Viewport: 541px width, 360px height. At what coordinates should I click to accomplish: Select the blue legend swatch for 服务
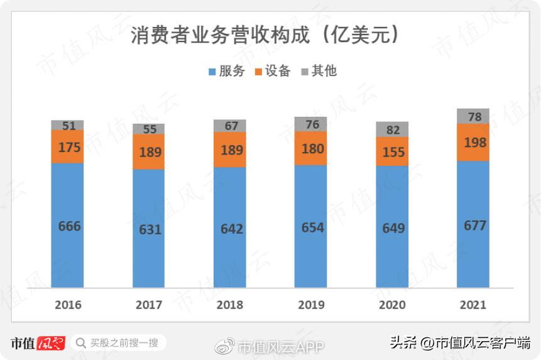[212, 72]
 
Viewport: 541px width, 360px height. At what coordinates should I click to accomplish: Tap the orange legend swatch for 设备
[258, 72]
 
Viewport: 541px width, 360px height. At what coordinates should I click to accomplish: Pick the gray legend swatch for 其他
[305, 72]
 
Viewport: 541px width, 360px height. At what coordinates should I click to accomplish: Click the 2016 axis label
[68, 305]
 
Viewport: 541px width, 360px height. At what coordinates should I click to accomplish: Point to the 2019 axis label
[311, 305]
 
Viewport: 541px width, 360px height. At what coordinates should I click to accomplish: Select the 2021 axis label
[473, 305]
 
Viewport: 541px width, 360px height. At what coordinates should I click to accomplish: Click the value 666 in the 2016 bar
[69, 226]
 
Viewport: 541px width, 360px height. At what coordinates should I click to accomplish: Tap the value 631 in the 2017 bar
[150, 229]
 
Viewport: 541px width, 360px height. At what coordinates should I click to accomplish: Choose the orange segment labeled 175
[68, 147]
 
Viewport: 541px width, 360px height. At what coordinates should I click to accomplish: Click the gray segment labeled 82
[392, 130]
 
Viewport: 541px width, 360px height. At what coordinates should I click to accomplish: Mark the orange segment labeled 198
[473, 143]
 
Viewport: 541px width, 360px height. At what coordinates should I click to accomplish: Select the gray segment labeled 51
[68, 126]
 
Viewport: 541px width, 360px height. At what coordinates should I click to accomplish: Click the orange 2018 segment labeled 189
[231, 150]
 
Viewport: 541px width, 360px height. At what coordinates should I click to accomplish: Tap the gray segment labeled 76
[311, 124]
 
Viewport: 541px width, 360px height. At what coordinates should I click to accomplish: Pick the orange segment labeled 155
[393, 152]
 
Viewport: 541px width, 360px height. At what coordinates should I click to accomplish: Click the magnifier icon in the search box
[80, 343]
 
